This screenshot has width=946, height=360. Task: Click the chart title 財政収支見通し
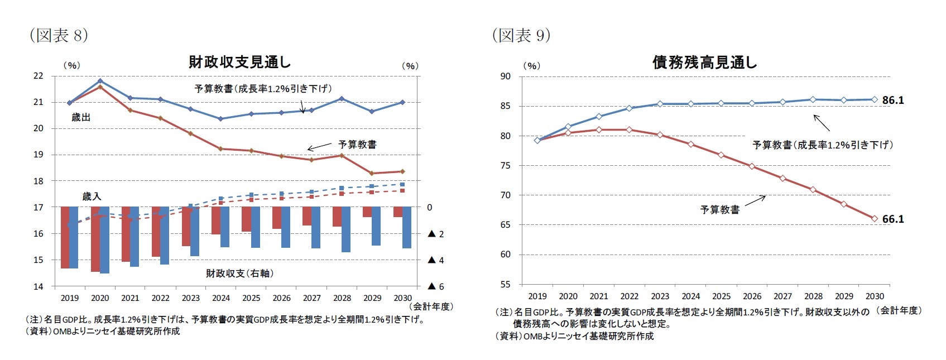[239, 63]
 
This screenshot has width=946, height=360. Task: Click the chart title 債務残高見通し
[705, 63]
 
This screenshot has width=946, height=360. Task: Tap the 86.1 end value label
[892, 100]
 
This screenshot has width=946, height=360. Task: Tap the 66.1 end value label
[892, 219]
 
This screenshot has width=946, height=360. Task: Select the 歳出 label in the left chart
[81, 118]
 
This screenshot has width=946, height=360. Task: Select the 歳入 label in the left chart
[92, 196]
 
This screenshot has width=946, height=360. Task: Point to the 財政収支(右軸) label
[239, 273]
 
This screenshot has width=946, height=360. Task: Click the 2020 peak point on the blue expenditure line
[100, 81]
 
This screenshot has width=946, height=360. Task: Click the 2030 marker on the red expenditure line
[402, 171]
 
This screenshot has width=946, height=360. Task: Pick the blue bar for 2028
[346, 229]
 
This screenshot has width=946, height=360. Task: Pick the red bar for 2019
[65, 237]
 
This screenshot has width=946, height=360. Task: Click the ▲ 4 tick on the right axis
[435, 260]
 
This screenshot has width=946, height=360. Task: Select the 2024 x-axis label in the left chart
[221, 298]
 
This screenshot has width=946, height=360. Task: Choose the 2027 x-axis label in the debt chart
[782, 296]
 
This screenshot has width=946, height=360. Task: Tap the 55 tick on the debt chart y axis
[505, 284]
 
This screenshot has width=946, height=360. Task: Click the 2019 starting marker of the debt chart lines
[537, 140]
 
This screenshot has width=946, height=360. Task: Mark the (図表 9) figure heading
[521, 36]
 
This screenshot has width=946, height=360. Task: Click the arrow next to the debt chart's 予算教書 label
[755, 200]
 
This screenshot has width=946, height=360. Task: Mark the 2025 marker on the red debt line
[721, 155]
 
